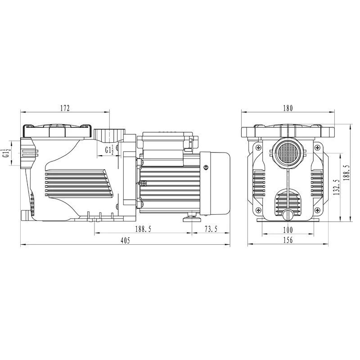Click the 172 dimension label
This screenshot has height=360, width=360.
coord(65,108)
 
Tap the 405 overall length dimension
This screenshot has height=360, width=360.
coord(125,240)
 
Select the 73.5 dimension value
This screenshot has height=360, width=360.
coord(211,229)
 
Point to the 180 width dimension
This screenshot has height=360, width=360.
coord(288,108)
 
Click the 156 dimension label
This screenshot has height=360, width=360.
coord(288,240)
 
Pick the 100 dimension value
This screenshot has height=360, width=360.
coord(288,229)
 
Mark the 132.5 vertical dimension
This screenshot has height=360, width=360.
coord(337,187)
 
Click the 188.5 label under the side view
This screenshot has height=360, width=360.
coord(143,229)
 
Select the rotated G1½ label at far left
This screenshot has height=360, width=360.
coord(6,153)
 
